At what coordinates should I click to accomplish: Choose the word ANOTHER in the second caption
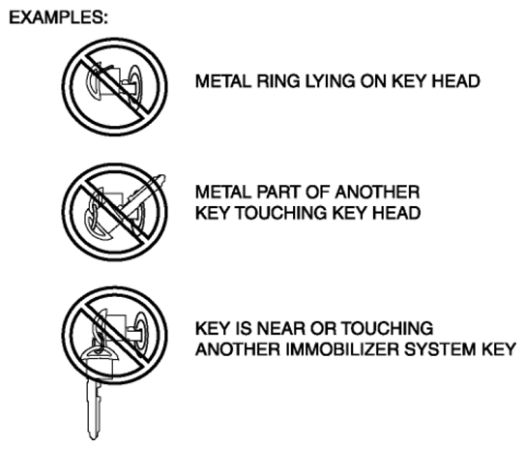point(377,193)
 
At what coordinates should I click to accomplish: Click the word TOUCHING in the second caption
point(281,213)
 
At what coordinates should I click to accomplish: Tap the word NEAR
point(281,328)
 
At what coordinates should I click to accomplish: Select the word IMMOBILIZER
point(342,349)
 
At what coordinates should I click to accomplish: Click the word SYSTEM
point(440,349)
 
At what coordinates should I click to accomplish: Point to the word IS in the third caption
point(244,328)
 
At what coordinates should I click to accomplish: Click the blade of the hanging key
point(94,408)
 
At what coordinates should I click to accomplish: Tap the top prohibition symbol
point(114,87)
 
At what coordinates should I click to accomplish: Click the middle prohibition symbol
point(114,213)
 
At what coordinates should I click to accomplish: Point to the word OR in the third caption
point(323,328)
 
